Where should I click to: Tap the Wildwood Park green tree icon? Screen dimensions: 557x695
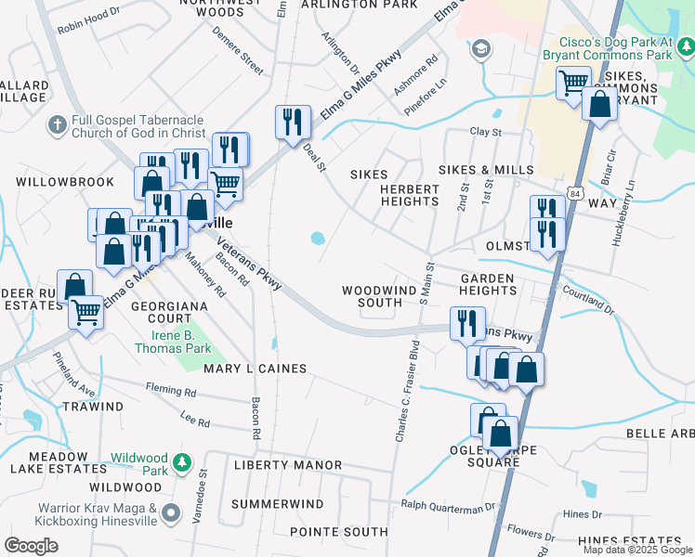tap(183, 461)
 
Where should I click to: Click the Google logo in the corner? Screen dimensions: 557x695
tap(31, 545)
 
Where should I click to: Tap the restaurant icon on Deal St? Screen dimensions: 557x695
tap(292, 122)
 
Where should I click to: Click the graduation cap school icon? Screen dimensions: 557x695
tap(480, 48)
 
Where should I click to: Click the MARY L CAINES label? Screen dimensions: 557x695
tap(255, 369)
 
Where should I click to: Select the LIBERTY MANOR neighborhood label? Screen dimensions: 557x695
tap(287, 464)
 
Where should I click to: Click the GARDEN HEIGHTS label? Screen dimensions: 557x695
tap(488, 284)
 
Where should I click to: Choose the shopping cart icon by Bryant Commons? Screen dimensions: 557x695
tap(572, 81)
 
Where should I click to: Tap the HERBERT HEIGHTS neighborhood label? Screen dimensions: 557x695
tap(409, 195)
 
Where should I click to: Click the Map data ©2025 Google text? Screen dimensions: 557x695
tap(636, 550)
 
